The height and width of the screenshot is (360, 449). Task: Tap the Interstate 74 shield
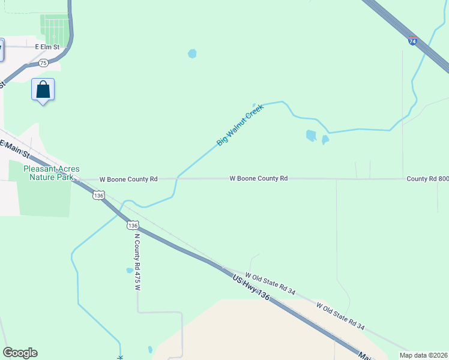pos(412,41)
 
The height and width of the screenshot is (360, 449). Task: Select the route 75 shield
pos(43,62)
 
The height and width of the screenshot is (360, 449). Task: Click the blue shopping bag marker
pos(43,90)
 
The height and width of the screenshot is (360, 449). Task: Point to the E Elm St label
pos(48,46)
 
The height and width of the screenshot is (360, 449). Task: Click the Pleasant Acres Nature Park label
pos(51,173)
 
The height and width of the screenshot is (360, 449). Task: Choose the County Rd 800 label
pos(427,179)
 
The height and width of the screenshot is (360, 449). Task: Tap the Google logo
pos(20,353)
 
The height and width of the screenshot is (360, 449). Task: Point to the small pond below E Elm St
pos(192,53)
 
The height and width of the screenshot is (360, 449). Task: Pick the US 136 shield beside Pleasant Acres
pos(99,195)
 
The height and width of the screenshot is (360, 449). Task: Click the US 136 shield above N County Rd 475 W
pos(133,224)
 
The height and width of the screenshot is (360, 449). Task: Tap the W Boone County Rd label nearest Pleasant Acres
pos(128,179)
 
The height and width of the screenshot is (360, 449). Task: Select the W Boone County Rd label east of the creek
pos(259,179)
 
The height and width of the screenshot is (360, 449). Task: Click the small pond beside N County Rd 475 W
pos(130,271)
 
